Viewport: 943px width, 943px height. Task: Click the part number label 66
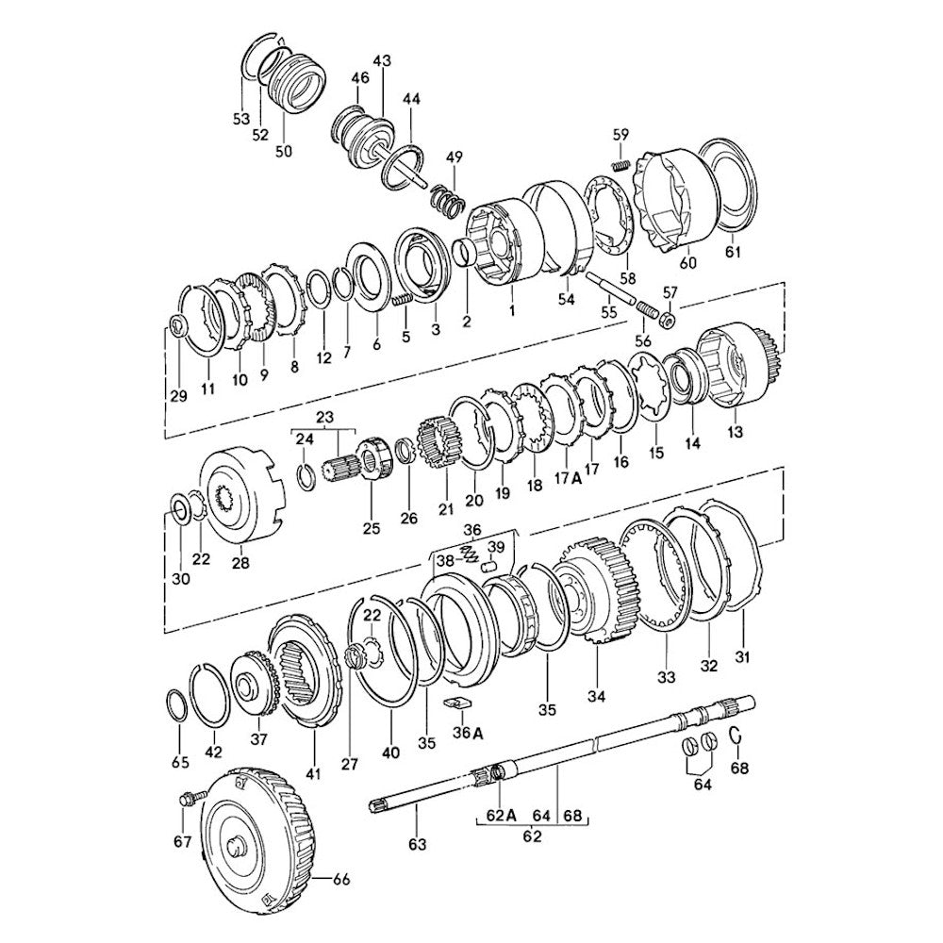coord(341,880)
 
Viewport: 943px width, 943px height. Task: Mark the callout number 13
coord(735,432)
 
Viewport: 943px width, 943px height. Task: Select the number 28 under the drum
coord(240,563)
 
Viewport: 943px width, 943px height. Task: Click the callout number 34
coord(595,697)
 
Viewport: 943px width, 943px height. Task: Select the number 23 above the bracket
coord(325,417)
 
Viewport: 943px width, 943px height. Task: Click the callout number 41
coord(313,773)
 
